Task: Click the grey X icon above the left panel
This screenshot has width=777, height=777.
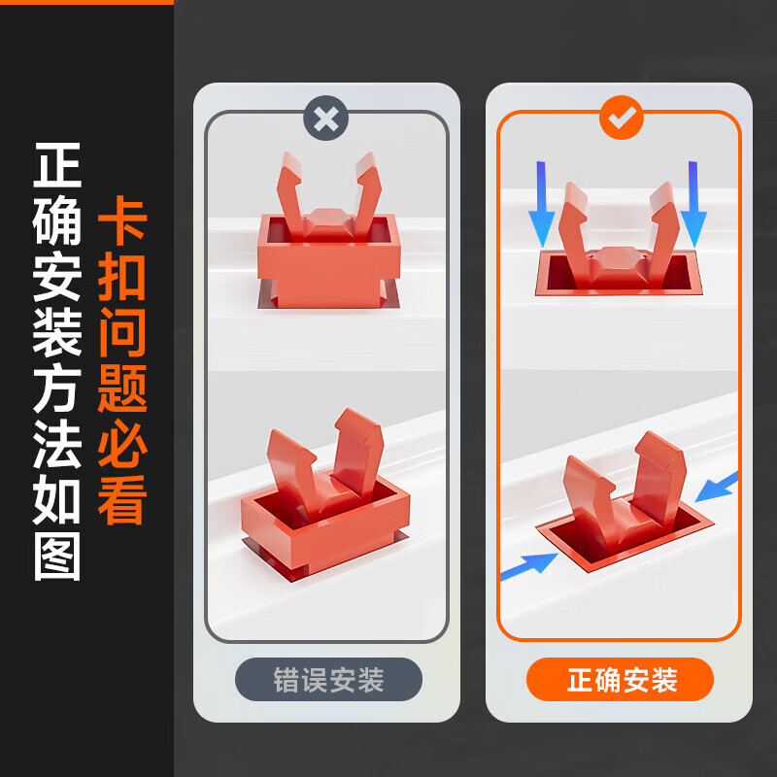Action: (x=326, y=119)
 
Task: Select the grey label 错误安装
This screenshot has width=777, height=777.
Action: (x=328, y=680)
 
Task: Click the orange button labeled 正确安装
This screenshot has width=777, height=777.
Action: (x=621, y=680)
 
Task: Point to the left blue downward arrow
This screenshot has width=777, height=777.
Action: (x=542, y=205)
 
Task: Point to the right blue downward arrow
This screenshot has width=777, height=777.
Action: (x=693, y=205)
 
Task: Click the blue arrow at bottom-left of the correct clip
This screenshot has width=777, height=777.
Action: (x=528, y=566)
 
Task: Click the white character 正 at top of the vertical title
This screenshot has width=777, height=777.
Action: (x=57, y=166)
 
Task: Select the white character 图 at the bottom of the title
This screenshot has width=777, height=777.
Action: (x=57, y=557)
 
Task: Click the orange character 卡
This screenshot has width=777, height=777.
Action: (x=122, y=222)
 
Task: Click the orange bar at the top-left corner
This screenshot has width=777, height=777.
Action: (x=86, y=3)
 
